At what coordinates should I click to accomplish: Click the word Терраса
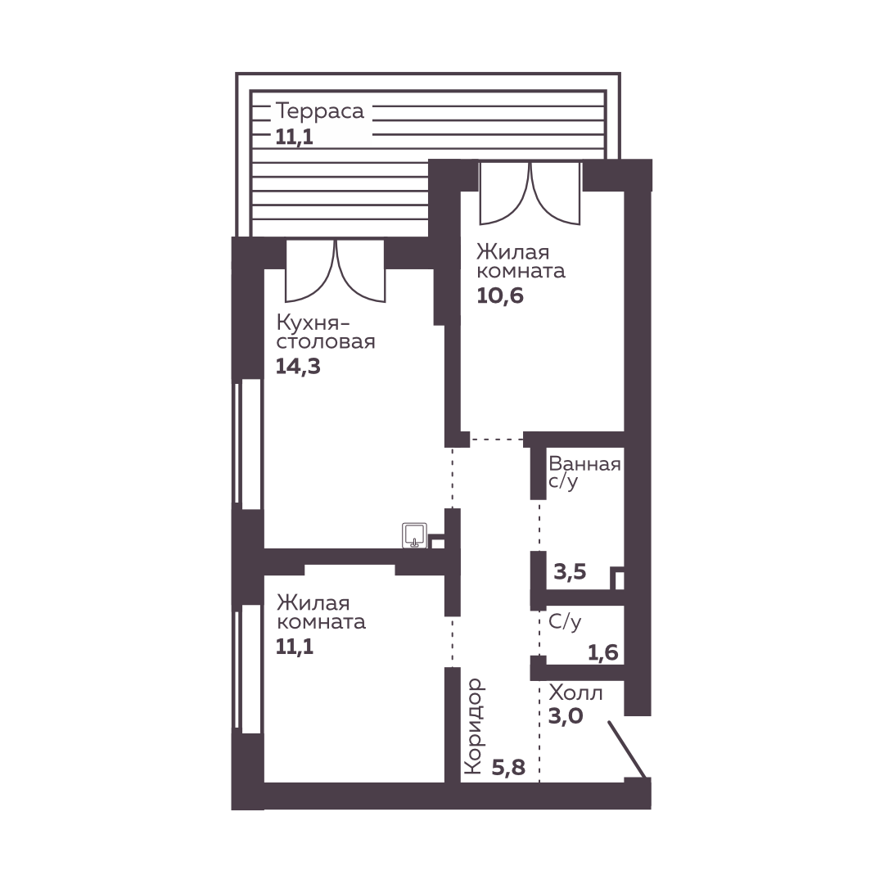[320, 111]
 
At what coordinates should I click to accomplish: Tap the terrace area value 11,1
[294, 137]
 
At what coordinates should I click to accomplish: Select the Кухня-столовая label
[325, 332]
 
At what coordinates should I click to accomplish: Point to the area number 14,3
[298, 367]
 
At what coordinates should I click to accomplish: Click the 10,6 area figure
[499, 295]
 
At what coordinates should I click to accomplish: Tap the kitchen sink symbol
[414, 535]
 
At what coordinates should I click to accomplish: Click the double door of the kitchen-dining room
[336, 271]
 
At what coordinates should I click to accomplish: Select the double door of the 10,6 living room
[530, 193]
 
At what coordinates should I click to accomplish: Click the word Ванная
[584, 464]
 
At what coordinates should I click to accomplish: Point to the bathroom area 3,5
[570, 571]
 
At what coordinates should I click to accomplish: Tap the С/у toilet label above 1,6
[564, 622]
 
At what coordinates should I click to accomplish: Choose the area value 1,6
[602, 653]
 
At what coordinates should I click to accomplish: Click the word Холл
[575, 692]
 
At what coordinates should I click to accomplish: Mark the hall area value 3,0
[566, 716]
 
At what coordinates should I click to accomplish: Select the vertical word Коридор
[475, 725]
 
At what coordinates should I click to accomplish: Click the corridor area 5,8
[508, 767]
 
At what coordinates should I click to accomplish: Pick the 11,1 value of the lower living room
[295, 647]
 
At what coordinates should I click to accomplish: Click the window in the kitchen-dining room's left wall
[247, 443]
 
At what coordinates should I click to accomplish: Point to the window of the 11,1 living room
[247, 670]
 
